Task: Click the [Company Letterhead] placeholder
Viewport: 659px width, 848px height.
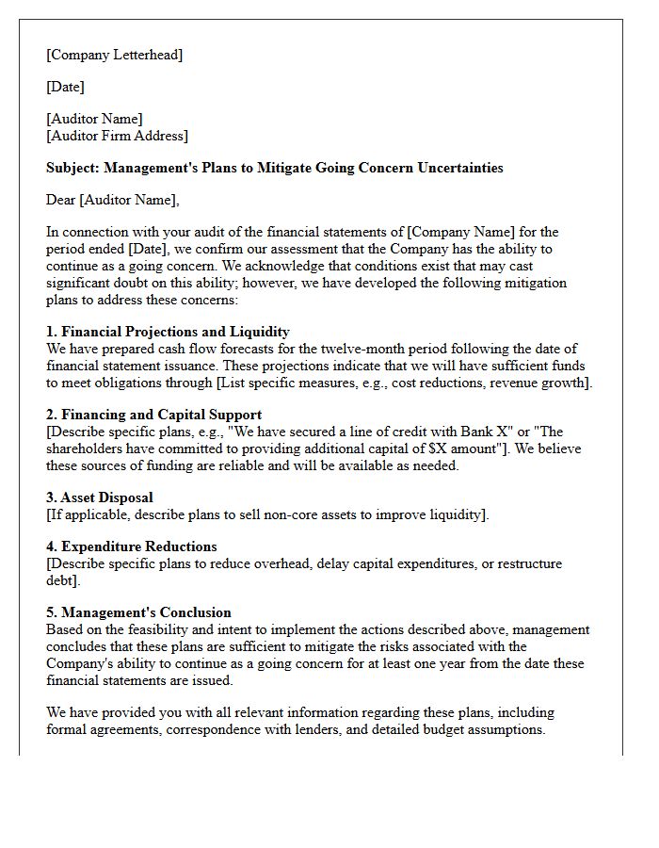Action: coord(114,55)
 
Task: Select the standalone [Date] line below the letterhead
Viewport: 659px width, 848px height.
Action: coord(65,87)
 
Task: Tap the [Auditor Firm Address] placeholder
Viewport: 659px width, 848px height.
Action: coord(117,136)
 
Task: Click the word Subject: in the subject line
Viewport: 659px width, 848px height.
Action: coord(72,168)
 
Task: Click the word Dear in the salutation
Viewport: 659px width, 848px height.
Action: coord(60,200)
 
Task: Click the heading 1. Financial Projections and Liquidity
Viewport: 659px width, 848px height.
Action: coord(168,332)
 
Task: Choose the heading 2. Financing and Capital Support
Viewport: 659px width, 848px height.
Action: coord(153,415)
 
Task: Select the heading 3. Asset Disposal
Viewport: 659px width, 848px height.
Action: coord(99,497)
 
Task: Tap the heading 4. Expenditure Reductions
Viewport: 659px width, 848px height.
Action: coord(132,546)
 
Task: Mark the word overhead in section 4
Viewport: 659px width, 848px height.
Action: coord(273,563)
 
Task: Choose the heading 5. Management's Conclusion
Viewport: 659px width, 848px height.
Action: coord(138,612)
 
